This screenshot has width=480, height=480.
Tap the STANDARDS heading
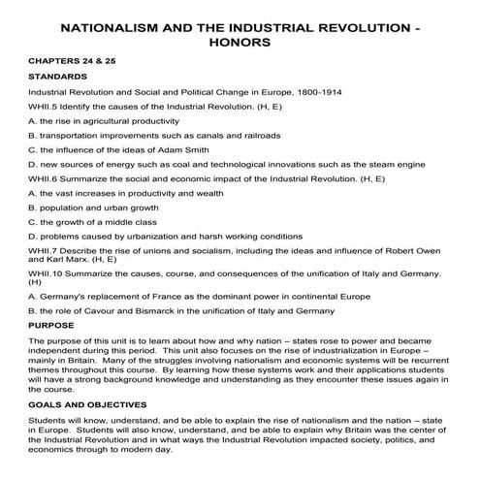57,75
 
